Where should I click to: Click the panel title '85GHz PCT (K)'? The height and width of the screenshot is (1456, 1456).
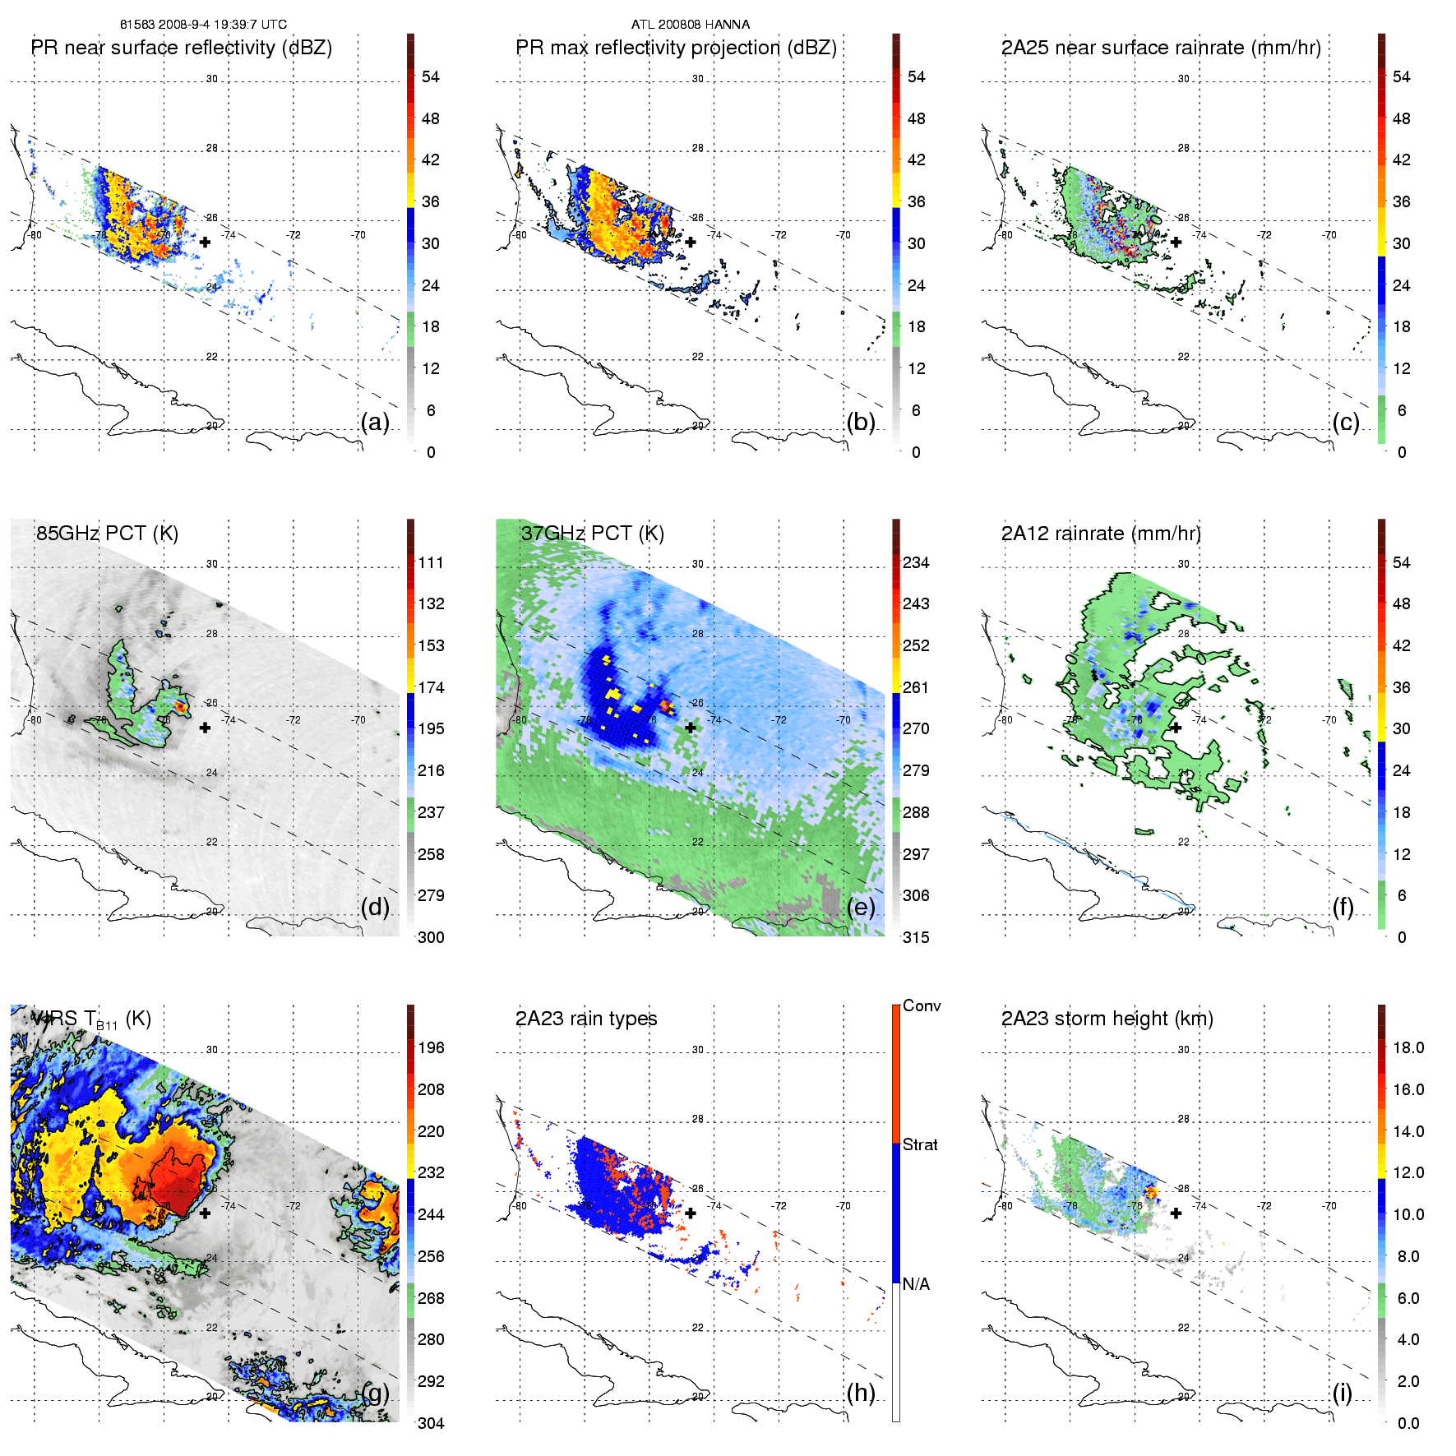(107, 533)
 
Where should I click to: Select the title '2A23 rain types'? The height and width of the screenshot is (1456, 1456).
(586, 1019)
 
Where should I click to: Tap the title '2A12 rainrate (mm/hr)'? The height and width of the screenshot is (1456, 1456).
(1101, 533)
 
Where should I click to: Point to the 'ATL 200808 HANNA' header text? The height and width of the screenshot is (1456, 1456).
(690, 24)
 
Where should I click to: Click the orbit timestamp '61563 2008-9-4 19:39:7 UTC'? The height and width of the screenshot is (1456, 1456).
(203, 24)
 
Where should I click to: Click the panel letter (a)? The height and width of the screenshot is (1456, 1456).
(375, 423)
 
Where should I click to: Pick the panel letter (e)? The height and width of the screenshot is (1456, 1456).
(861, 908)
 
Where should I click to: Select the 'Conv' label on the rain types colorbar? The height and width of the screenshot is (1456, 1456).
(922, 1005)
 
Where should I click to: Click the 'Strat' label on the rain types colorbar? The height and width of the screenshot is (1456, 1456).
(920, 1144)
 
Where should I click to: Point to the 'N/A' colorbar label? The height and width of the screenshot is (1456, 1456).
(916, 1284)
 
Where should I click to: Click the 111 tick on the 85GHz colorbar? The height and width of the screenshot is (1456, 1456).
(431, 562)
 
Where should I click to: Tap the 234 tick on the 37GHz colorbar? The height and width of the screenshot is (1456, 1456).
(916, 562)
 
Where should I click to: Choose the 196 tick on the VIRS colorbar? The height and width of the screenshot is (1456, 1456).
(431, 1047)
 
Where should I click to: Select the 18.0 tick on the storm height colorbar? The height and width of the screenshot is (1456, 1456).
(1408, 1047)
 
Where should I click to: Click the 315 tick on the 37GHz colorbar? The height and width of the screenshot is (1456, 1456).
(916, 937)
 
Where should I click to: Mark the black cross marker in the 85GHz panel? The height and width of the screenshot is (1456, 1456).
(205, 728)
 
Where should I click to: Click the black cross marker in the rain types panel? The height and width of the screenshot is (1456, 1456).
(691, 1213)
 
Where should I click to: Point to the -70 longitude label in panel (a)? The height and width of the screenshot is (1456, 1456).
(358, 235)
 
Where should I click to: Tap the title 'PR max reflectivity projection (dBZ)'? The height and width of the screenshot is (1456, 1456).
(676, 48)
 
